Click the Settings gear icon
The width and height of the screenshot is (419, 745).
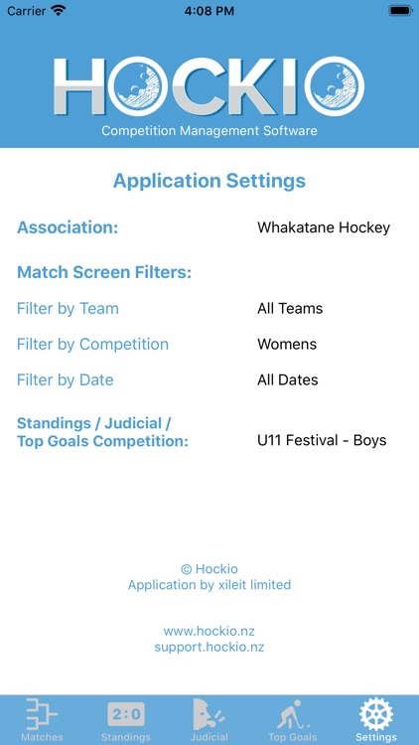click(x=376, y=714)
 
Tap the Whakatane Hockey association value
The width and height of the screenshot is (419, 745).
click(x=324, y=227)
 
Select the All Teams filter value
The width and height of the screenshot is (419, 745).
click(x=290, y=309)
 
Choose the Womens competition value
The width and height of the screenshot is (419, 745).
click(x=287, y=345)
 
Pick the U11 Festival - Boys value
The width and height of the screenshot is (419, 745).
click(x=322, y=440)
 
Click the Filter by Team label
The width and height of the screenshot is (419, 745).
click(x=68, y=309)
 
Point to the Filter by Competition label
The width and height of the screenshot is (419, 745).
click(x=92, y=345)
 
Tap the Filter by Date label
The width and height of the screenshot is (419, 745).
click(x=66, y=380)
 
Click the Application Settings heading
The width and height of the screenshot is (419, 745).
click(x=209, y=181)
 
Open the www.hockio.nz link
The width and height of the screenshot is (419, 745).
click(x=209, y=631)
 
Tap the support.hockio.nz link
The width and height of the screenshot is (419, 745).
click(x=209, y=647)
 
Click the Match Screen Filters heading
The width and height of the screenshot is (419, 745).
click(x=104, y=272)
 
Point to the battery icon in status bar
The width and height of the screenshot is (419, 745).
click(x=400, y=10)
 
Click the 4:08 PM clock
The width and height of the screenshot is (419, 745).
click(x=209, y=10)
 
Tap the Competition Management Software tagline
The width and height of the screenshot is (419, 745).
click(x=209, y=130)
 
